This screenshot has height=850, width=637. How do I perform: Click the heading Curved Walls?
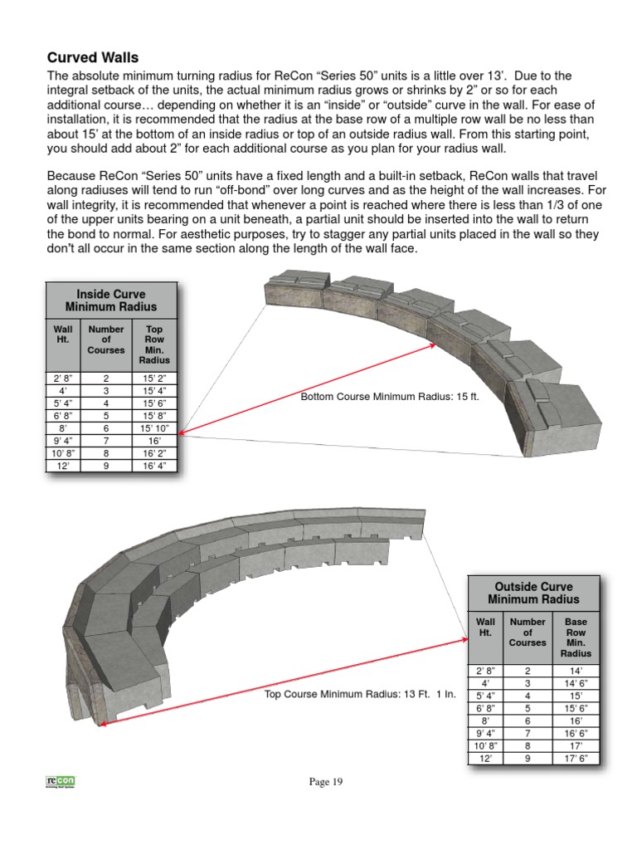93,57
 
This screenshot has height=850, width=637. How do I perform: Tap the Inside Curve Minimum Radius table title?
110,300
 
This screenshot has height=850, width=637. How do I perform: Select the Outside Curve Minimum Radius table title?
533,592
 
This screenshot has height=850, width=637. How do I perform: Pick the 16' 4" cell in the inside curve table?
154,466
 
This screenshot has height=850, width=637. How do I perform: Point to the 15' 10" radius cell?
154,427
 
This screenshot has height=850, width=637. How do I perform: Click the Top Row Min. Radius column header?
154,344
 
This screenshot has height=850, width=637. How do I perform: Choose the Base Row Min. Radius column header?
576,637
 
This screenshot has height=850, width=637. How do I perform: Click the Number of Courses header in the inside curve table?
106,340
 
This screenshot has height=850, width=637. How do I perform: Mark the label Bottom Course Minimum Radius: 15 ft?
390,397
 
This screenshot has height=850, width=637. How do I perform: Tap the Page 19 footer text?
325,781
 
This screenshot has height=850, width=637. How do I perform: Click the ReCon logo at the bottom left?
61,782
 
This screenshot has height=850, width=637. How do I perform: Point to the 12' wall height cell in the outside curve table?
485,758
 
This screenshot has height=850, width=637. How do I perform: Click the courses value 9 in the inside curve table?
106,466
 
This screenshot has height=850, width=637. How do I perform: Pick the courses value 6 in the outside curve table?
528,720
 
